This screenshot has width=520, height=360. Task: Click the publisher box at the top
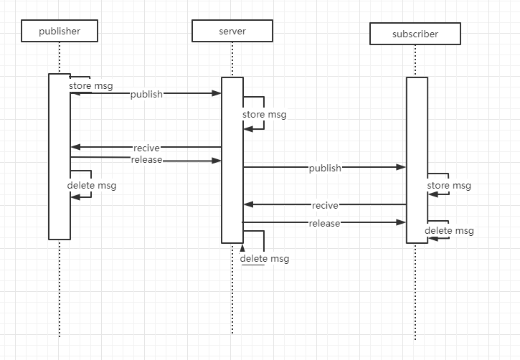[60, 31]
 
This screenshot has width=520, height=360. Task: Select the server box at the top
[232, 31]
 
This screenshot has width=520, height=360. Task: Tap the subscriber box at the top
[415, 34]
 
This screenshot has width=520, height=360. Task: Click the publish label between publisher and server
[146, 94]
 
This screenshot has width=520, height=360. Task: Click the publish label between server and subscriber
[325, 168]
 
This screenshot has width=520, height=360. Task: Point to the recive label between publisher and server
[146, 148]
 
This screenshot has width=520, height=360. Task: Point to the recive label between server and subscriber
[325, 205]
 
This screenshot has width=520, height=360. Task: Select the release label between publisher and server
[146, 160]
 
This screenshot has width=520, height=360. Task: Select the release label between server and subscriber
[324, 223]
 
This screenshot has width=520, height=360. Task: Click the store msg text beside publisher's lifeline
[91, 86]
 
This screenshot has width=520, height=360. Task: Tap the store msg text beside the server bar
[264, 114]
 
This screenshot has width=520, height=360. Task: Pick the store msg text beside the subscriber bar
[449, 186]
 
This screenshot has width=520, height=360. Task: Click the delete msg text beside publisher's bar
[92, 186]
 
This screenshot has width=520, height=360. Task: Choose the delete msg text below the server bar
[265, 258]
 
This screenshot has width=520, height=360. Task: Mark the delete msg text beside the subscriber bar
[449, 230]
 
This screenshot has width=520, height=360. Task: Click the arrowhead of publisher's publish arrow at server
[217, 93]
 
